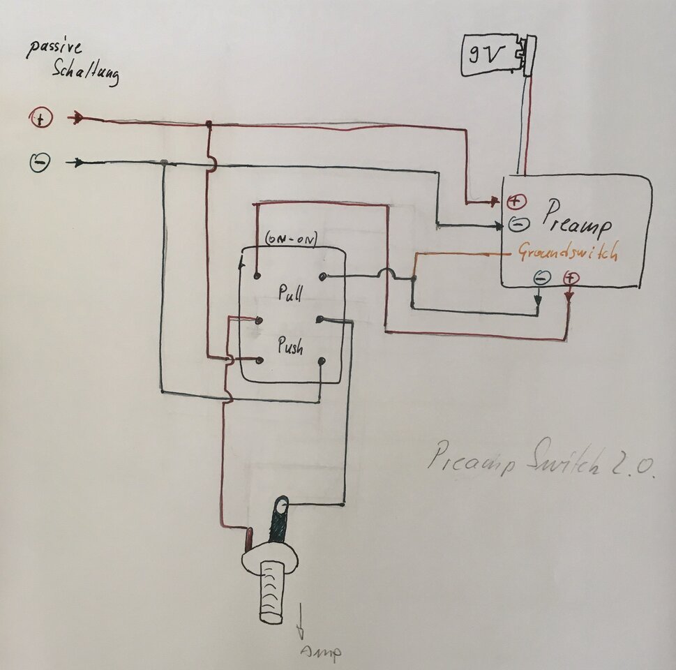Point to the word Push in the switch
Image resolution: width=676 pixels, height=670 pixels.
[290, 346]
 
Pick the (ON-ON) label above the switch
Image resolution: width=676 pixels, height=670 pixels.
[291, 239]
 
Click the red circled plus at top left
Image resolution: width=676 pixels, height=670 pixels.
[40, 119]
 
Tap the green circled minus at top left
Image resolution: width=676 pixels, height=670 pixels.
[40, 163]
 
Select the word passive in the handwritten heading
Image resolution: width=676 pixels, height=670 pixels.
[56, 49]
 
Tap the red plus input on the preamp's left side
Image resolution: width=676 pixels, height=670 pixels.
[516, 202]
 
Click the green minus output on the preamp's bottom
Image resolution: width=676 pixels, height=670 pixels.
[541, 278]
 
